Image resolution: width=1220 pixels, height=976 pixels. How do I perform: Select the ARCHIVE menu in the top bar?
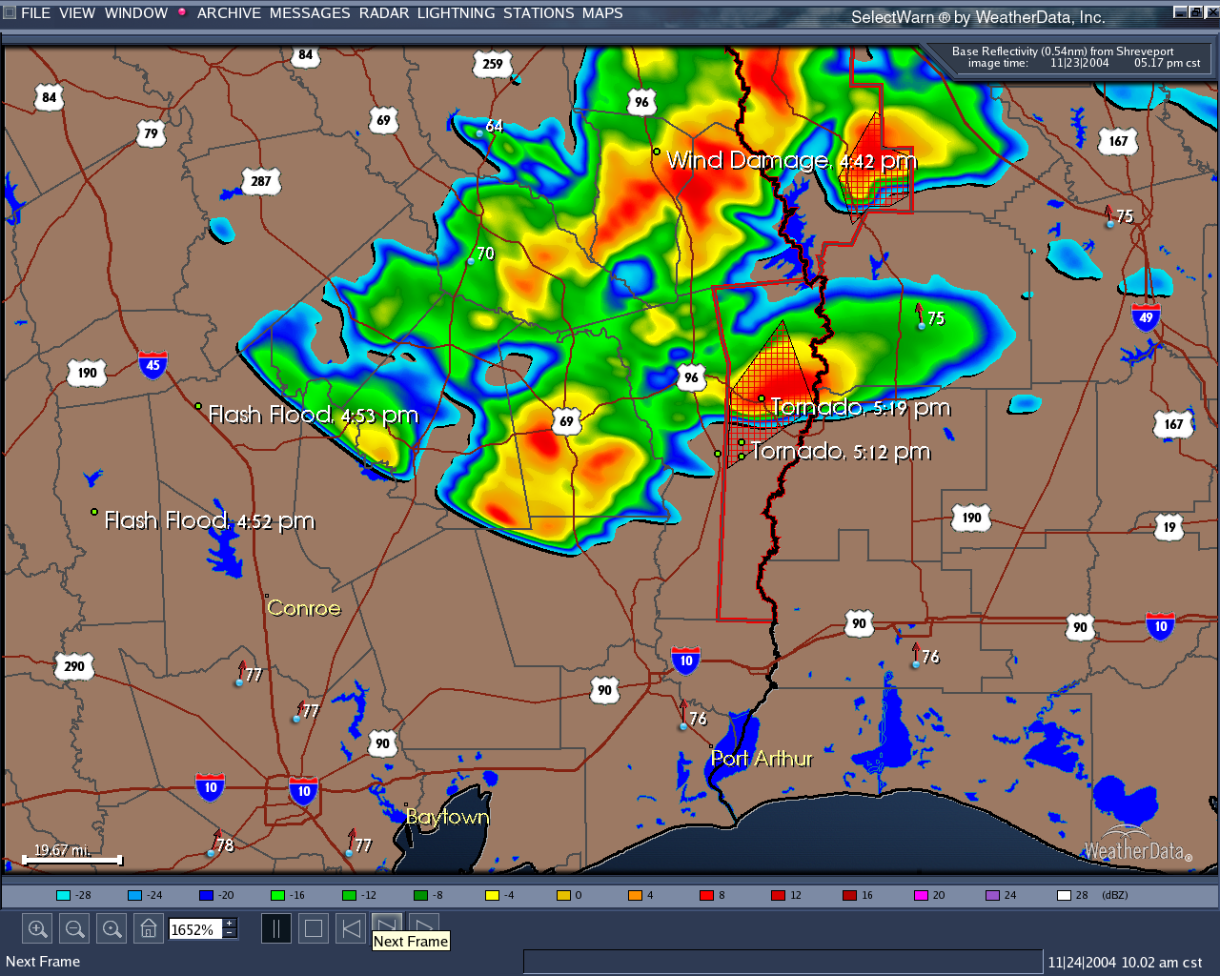229,13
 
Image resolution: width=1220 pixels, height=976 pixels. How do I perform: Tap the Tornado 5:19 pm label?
860,408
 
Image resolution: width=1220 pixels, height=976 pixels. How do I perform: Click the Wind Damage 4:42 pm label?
791,160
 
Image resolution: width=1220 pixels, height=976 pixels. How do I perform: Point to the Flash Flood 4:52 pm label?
209,520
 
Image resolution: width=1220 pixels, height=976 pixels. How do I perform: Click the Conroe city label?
303,608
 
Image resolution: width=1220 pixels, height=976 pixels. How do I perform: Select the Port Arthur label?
762,759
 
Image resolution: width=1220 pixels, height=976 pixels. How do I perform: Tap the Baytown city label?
447,817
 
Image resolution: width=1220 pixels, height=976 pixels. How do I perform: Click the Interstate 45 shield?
152,364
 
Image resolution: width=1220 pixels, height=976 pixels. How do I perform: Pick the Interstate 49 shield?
1146,316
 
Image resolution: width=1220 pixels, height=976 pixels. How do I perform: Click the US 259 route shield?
492,65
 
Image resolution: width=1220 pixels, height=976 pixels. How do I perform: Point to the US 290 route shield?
74,666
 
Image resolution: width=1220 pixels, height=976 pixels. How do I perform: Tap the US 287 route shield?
261,181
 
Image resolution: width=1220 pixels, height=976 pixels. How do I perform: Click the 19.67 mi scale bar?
72,860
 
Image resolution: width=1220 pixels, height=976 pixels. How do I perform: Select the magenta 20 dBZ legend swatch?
921,895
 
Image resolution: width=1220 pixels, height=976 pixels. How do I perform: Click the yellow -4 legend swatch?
492,895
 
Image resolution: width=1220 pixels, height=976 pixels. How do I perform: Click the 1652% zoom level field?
195,929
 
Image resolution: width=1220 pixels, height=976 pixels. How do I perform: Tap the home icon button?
149,928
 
